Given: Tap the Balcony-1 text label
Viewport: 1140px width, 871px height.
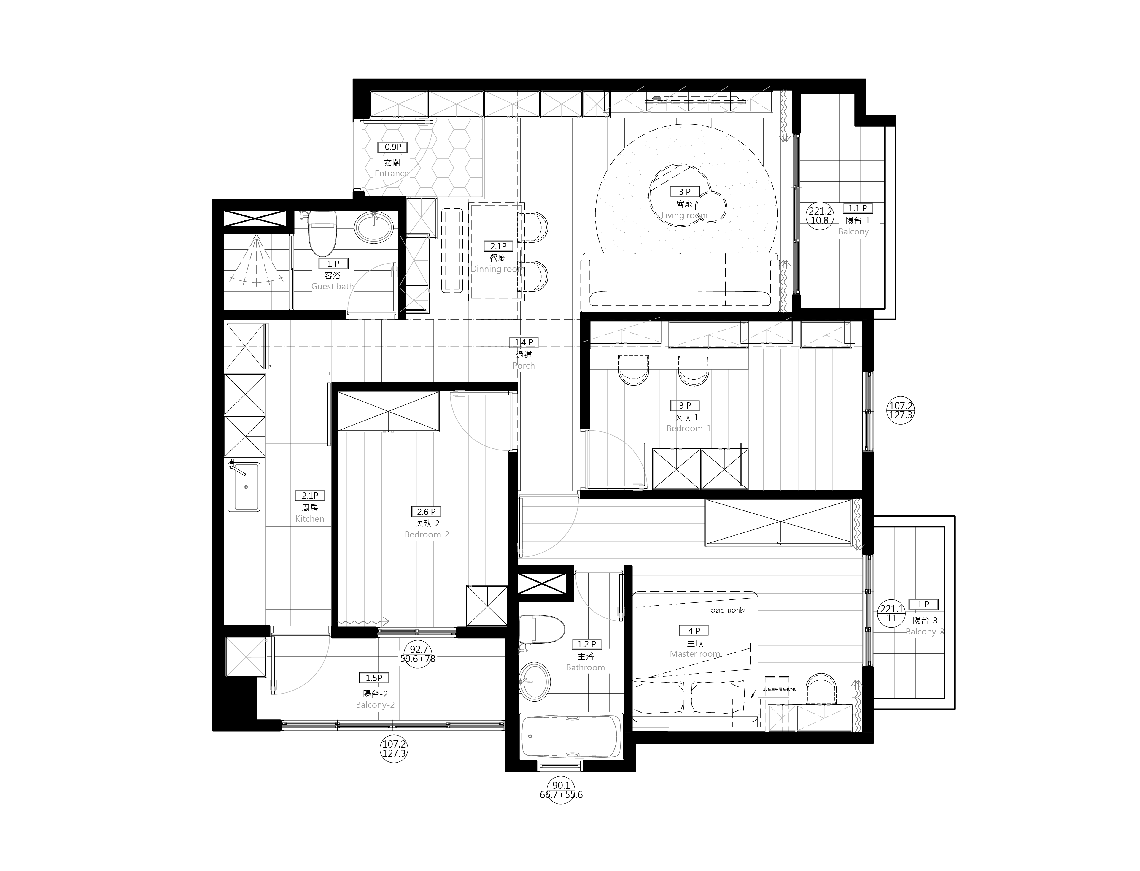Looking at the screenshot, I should (x=858, y=232).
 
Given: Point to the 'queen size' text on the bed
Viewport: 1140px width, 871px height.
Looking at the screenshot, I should (x=727, y=610).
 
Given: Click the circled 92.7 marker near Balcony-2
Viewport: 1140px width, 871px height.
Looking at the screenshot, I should (x=418, y=654).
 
